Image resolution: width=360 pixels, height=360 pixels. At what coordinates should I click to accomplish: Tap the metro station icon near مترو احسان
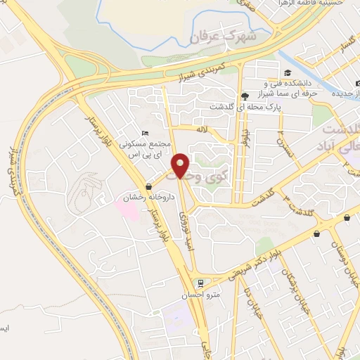click(202, 283)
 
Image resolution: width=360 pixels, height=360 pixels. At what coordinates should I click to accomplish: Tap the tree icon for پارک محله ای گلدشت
click(243, 96)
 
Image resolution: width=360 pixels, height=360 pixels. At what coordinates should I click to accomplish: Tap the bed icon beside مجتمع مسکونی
click(145, 133)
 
